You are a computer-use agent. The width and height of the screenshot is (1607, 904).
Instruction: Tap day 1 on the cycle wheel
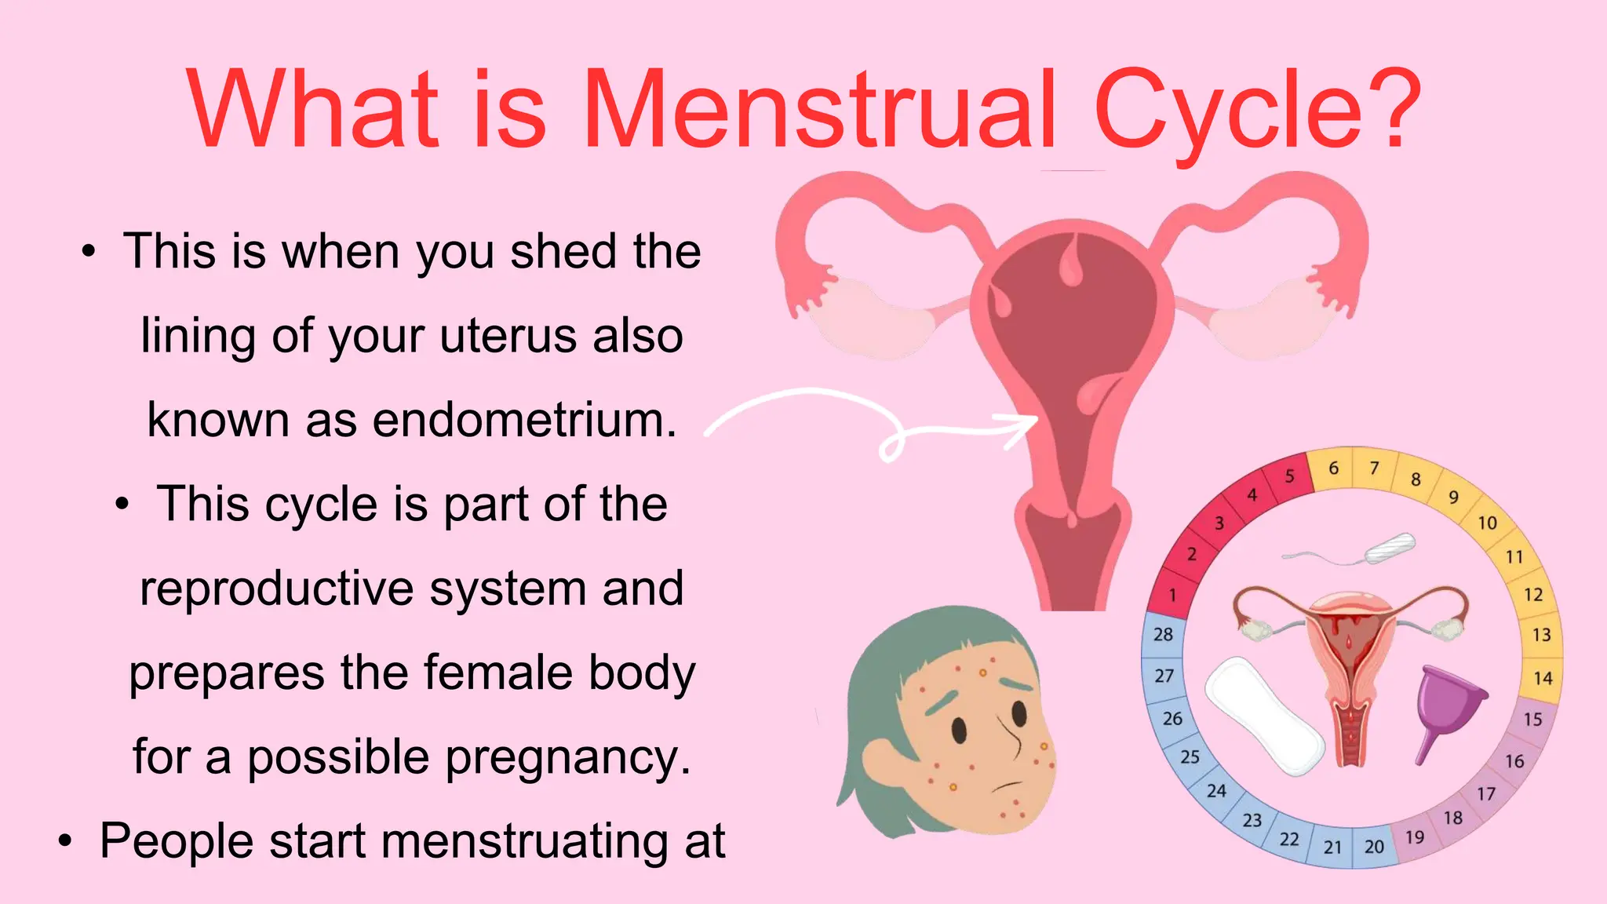coord(1172,596)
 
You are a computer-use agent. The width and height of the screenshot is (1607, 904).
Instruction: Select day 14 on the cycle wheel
coord(1543,678)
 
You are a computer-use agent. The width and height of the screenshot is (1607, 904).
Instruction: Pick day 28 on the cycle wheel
coord(1163,634)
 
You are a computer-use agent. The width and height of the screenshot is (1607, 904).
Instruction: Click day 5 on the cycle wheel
coord(1289,476)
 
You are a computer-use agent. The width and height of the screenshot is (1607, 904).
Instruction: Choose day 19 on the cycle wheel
coord(1415,837)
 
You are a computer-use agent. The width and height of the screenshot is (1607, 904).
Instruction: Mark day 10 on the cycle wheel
coord(1487,523)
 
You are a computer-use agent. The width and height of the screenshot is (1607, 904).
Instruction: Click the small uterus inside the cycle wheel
coord(1350,667)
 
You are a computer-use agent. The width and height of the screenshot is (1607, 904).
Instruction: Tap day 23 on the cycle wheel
coord(1252,820)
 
